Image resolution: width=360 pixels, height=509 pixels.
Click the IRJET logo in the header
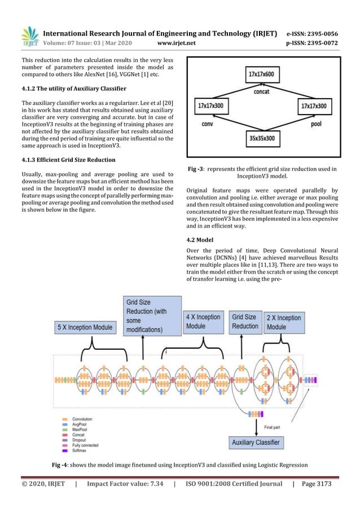pos(29,36)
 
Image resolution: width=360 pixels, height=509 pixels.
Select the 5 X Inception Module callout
pos(85,327)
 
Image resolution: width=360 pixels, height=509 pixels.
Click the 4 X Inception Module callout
pos(204,321)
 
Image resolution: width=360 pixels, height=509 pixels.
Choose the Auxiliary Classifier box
pos(256,442)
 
